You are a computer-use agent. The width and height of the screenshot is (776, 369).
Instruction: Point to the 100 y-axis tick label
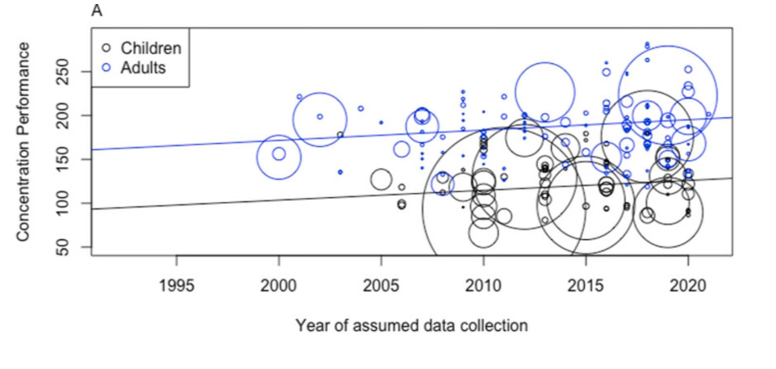(x=70, y=203)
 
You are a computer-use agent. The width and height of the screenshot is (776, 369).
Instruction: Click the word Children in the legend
(x=151, y=48)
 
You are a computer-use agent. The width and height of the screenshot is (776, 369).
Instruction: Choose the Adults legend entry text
(x=144, y=67)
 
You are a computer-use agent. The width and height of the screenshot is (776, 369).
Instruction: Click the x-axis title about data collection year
(x=411, y=325)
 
